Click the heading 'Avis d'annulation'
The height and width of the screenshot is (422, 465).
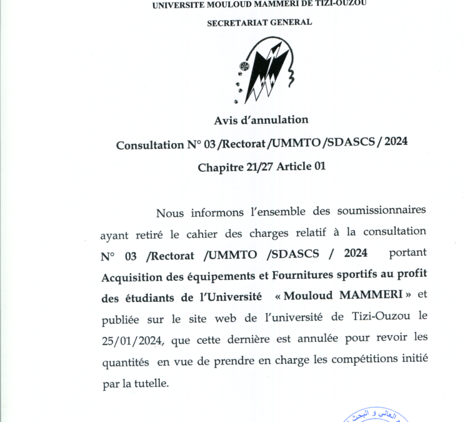pyautogui.click(x=261, y=119)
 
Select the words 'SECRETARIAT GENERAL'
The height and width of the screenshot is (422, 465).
pyautogui.click(x=259, y=22)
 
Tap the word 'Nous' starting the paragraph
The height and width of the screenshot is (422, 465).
pyautogui.click(x=170, y=213)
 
